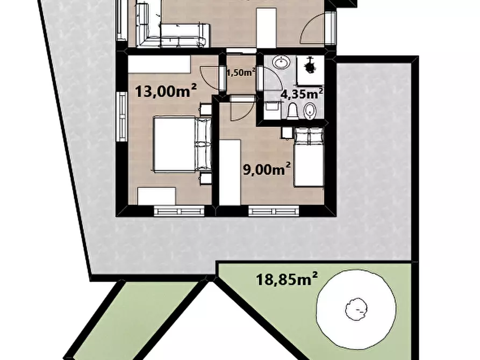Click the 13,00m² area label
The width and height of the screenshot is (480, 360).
point(166,91)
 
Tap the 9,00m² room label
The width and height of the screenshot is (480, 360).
point(267,169)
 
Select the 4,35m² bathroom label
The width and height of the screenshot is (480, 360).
point(302,93)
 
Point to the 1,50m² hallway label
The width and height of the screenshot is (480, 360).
point(241,73)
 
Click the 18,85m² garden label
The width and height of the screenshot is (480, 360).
point(286,279)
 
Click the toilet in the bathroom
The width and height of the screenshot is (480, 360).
point(292,111)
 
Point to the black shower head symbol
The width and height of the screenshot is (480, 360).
point(310,65)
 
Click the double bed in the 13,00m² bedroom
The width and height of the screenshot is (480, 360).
point(182,144)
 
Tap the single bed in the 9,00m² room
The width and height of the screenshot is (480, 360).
point(309,157)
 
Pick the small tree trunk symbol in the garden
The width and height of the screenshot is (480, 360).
point(356,309)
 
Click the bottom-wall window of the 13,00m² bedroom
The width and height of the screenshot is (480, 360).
point(179,211)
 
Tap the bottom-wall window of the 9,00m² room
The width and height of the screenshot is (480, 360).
point(274,211)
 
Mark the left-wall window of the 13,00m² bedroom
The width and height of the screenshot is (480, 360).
point(122,117)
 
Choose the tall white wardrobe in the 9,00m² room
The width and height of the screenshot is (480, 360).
point(230,172)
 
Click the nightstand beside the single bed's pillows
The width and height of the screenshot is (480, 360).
point(287,133)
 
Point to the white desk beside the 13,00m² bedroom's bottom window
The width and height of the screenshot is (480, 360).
point(156,196)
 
